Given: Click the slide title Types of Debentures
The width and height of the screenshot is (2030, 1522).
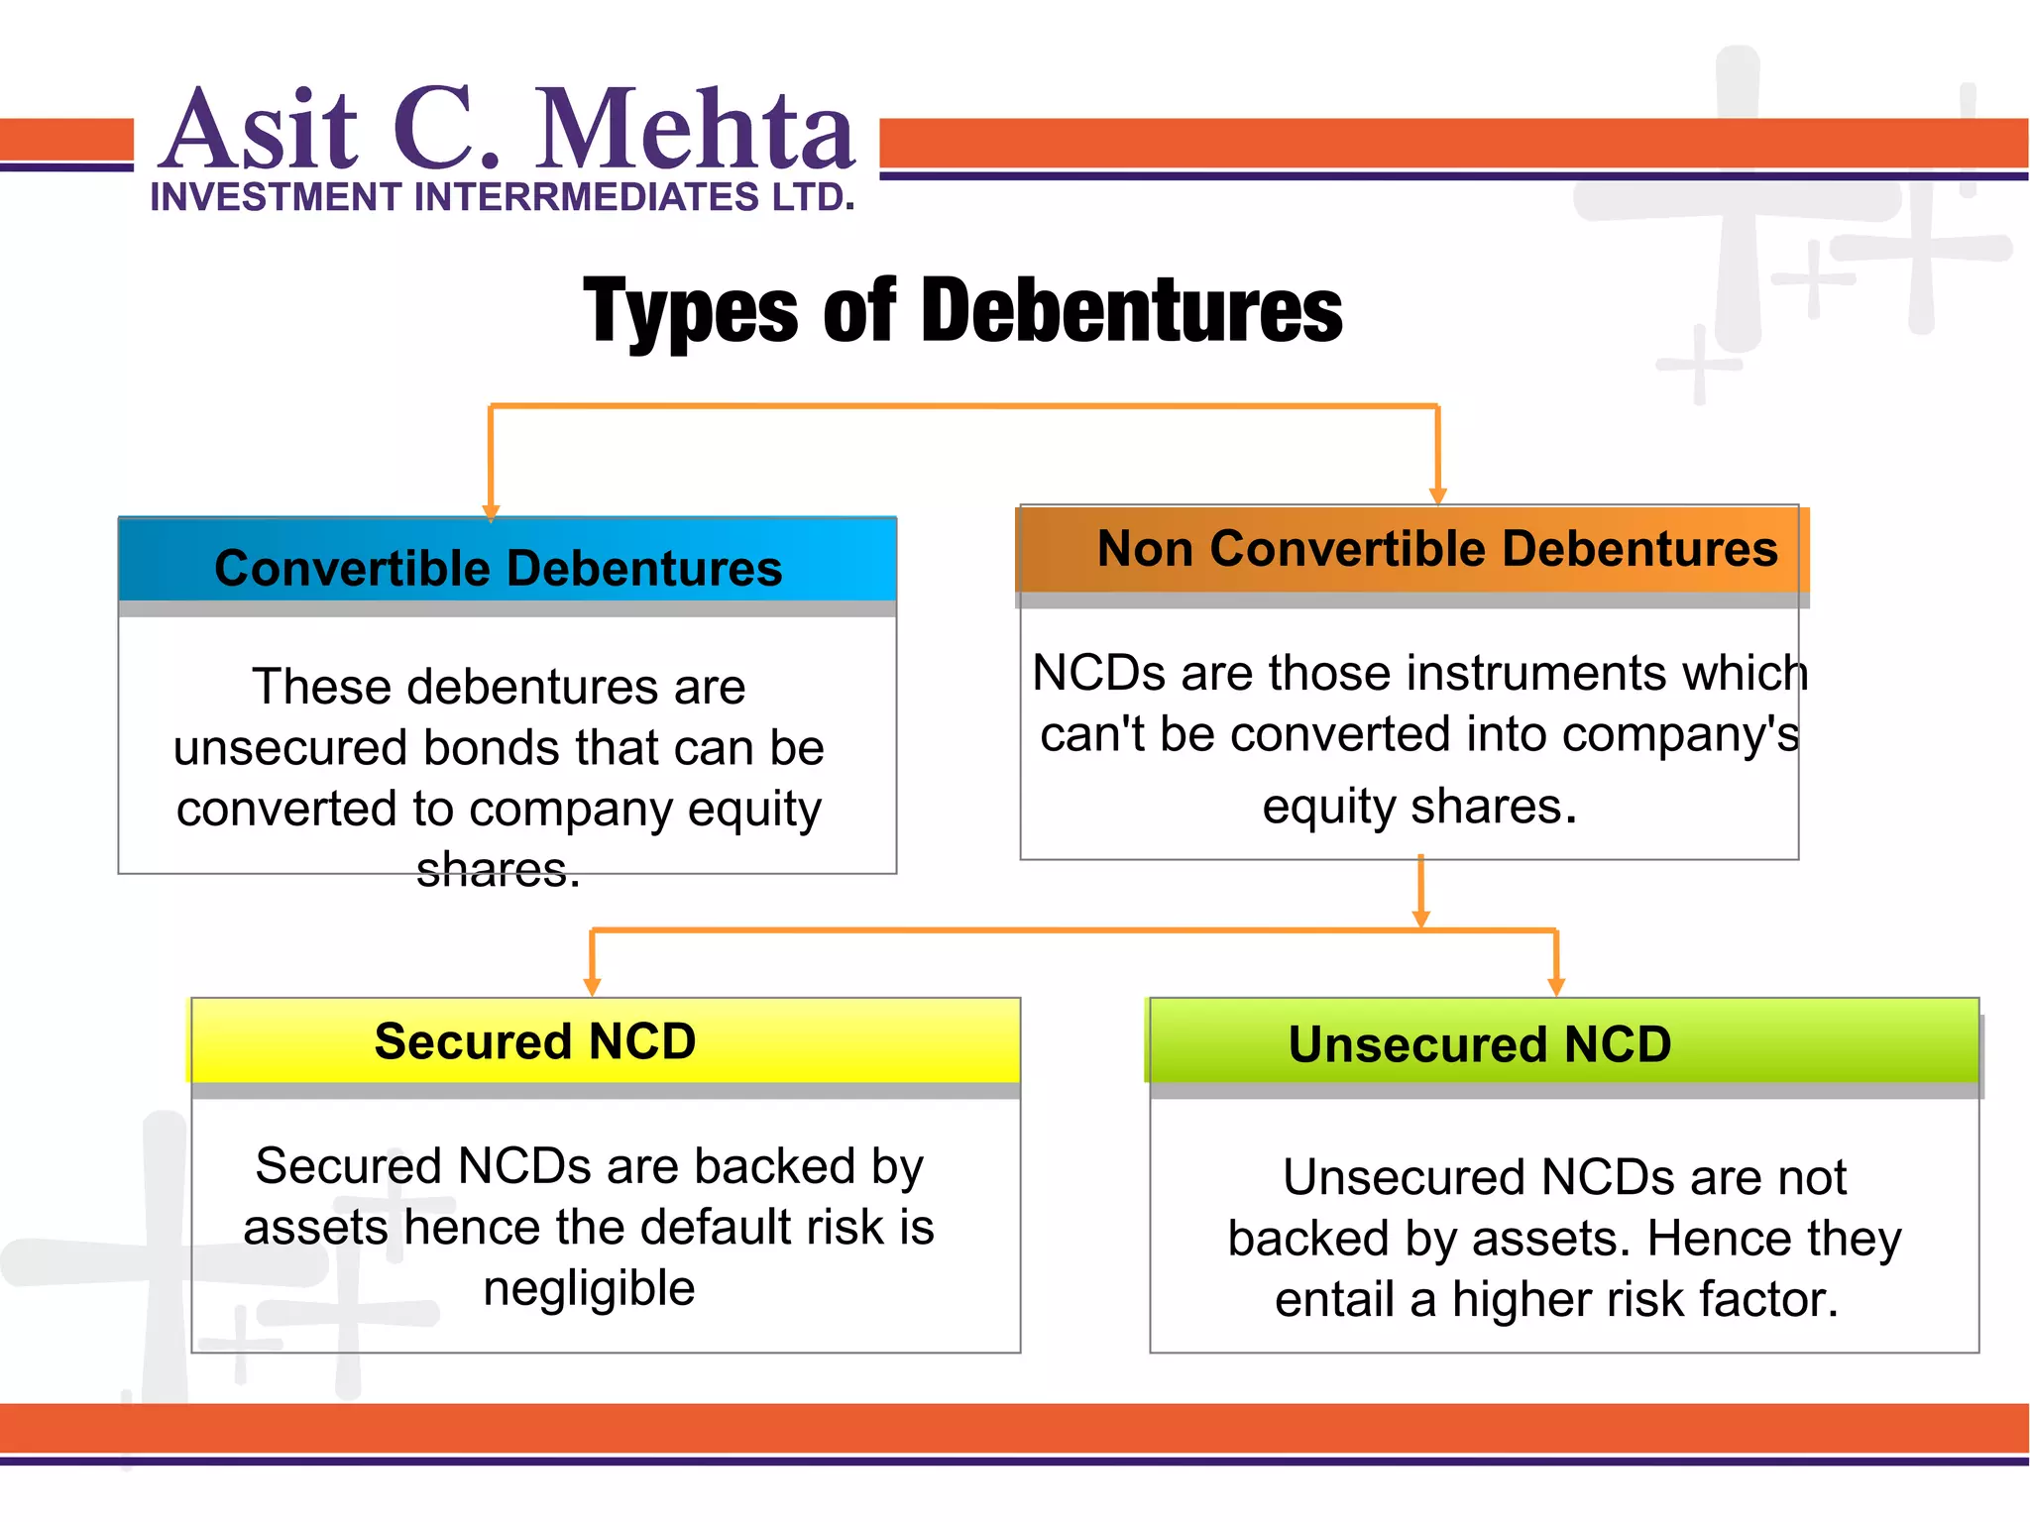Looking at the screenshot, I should pos(961,311).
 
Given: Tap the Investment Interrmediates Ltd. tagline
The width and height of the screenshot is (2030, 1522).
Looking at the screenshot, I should pos(502,197).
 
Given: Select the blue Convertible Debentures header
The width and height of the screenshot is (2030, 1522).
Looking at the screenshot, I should pos(499,568).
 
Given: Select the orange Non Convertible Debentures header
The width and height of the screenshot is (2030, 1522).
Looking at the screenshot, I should pos(1436,548).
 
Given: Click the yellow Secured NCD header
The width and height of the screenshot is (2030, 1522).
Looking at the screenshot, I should pos(535,1041).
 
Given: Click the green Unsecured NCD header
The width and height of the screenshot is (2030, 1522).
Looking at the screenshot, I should pos(1479,1044).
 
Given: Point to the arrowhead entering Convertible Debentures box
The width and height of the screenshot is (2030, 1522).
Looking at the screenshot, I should pos(491,512).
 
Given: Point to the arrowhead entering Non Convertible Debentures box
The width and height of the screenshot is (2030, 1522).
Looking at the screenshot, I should pos(1438,496).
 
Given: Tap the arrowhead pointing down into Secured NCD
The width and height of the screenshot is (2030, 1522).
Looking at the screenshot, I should pos(593,987).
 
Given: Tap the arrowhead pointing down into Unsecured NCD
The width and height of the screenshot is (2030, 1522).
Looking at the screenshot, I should pos(1556,987).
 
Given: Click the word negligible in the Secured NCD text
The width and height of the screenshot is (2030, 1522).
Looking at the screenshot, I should pos(589,1288).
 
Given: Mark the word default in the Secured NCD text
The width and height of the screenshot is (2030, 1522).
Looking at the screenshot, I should pos(714,1227).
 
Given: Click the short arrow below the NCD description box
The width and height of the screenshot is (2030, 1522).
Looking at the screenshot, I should pos(1420,892).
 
